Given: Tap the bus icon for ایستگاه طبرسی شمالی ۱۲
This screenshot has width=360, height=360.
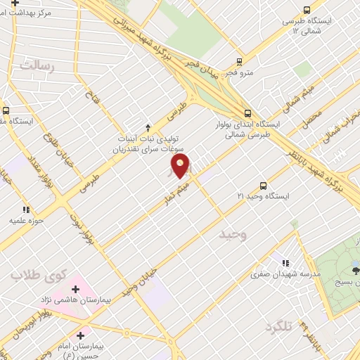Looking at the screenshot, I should (x=306, y=10).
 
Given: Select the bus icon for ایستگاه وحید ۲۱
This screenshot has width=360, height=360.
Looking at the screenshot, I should (x=262, y=186).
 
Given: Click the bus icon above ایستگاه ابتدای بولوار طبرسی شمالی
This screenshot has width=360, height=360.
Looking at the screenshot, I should (x=247, y=112).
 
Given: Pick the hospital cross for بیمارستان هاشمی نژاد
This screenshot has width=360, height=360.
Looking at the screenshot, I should (x=75, y=289).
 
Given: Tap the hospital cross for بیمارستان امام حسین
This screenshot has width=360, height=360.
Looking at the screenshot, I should (x=82, y=335).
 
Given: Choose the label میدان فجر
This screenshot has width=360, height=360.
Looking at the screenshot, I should (x=205, y=73).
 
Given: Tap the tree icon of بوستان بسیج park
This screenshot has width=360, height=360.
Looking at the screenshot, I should (x=356, y=268).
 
